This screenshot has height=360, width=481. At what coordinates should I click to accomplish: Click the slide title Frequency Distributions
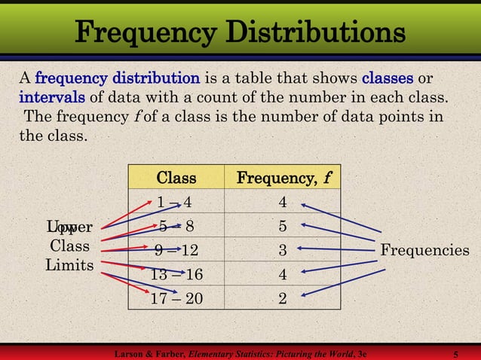tap(240, 33)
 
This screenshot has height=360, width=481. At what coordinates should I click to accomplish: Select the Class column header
tap(176, 178)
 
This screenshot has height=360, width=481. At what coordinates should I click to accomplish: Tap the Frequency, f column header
tap(284, 178)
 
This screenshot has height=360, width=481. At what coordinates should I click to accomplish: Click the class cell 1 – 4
tap(175, 202)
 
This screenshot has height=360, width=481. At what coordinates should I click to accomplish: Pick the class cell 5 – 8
tap(176, 226)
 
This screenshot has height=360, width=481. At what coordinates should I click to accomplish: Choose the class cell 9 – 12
tap(176, 250)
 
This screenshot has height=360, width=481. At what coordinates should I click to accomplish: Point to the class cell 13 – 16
tap(176, 274)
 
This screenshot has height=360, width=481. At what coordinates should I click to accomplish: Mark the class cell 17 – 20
tap(176, 298)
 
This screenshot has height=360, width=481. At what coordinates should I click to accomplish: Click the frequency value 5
tap(283, 226)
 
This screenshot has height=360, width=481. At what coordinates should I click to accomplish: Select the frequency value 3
tap(283, 250)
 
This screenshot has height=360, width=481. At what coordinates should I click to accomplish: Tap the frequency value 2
tap(283, 298)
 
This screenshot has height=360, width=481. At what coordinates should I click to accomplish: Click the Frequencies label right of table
tap(424, 250)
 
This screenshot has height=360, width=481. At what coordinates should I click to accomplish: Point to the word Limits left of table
tap(69, 265)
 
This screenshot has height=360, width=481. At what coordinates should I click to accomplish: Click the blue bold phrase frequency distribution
tap(117, 78)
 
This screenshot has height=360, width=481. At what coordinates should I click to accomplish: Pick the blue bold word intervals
tap(52, 97)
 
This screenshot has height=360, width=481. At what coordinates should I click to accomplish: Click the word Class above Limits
tap(69, 246)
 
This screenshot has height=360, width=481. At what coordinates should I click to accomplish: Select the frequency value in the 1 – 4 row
tap(283, 202)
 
